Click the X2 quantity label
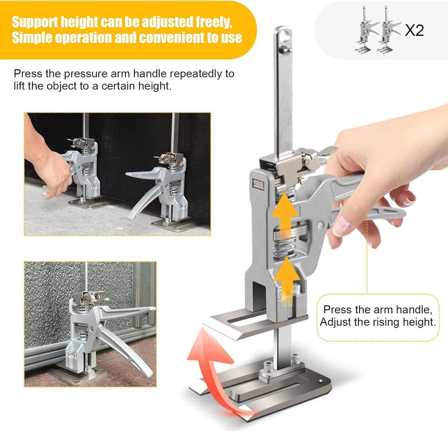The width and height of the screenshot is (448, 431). tap(414, 30)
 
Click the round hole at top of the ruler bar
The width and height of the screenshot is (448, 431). tap(284, 35)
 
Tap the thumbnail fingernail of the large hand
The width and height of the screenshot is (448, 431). tap(341, 225)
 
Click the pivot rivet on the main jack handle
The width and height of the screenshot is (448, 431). tap(320, 226)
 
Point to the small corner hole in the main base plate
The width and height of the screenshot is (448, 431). tap(320, 381)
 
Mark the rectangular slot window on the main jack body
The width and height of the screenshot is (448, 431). tap(258, 184)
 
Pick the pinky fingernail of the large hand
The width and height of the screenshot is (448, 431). tap(409, 202)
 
